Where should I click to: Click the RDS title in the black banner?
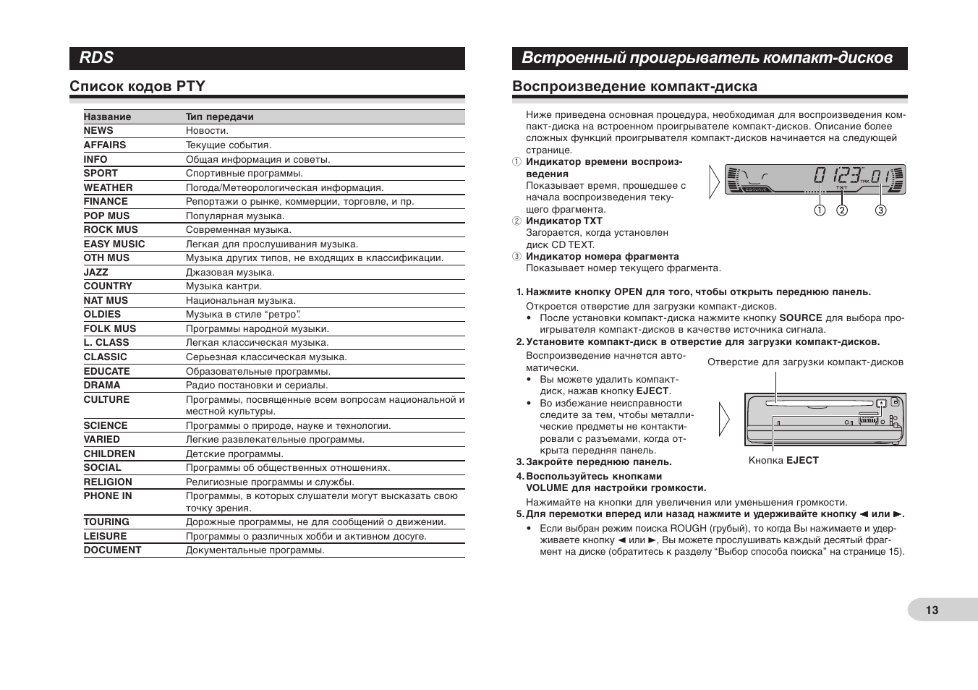coord(97,58)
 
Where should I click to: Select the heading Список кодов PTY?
coord(137,87)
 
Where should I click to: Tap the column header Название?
coord(107,117)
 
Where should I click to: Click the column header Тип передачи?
coord(219,117)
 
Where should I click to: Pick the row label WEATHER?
coord(108,188)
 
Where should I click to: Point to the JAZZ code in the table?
coord(95,273)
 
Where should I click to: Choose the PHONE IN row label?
coord(107,496)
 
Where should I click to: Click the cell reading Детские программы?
coord(234,454)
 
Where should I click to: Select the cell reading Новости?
coord(207,131)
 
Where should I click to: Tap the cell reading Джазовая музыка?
coord(230,273)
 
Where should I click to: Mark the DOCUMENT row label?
coord(112,550)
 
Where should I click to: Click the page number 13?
coord(932,610)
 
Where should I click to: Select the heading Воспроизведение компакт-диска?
coord(634,87)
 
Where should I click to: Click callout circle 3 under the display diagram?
coord(880,210)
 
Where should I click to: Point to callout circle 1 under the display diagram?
coord(820,210)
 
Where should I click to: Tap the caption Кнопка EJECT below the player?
coord(783,461)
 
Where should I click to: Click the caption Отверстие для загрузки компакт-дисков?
coord(805,362)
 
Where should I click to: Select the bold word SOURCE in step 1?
coord(801,318)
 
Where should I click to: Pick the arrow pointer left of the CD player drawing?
coord(724,419)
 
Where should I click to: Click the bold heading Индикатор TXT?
coord(564,221)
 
